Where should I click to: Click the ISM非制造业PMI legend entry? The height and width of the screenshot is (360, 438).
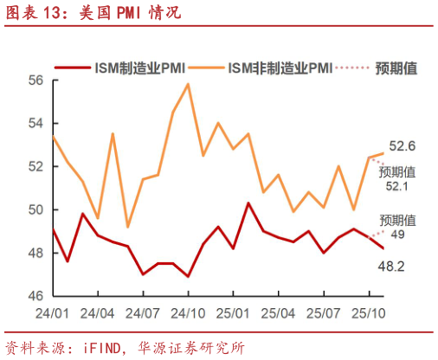click(x=279, y=67)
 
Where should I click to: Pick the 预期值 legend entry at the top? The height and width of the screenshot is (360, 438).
click(x=397, y=67)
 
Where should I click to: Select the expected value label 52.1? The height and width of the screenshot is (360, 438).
click(x=398, y=186)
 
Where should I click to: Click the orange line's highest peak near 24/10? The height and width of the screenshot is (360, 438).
click(x=188, y=84)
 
